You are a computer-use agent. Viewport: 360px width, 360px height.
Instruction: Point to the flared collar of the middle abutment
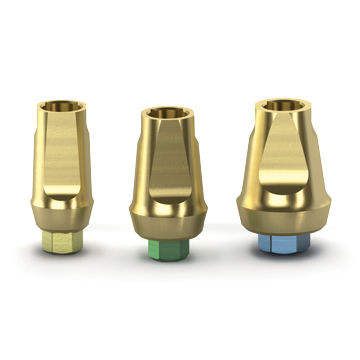coord(167,215)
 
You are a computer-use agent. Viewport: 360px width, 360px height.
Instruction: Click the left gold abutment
coord(62,165)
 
